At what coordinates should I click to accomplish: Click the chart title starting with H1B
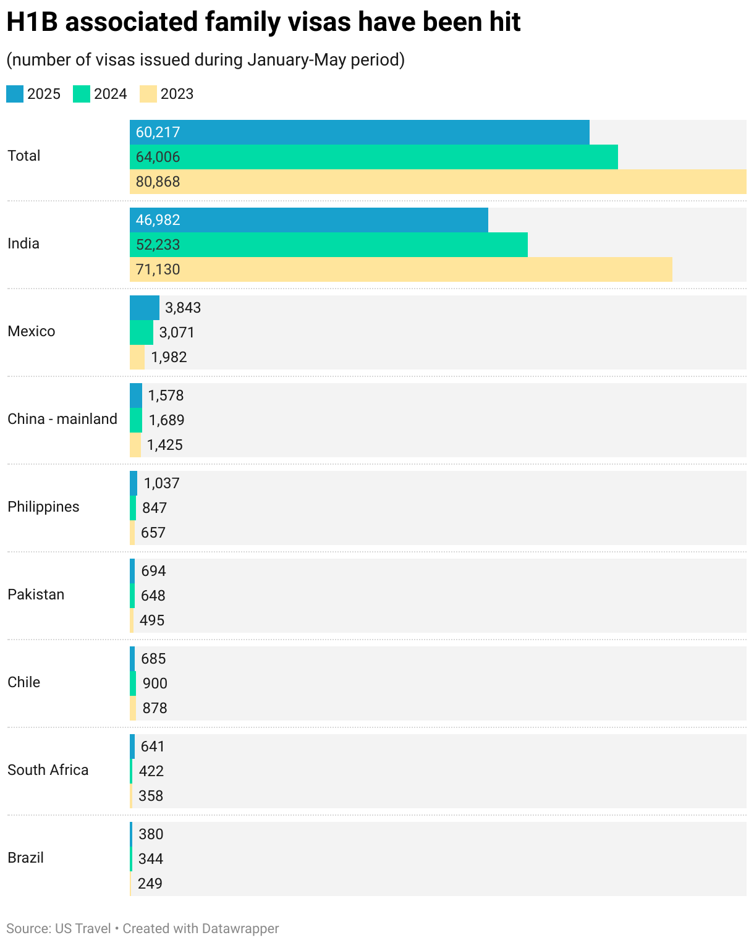[263, 22]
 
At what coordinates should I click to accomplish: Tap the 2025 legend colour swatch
[15, 94]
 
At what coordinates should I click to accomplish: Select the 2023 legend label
[177, 94]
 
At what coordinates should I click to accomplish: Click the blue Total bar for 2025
[359, 132]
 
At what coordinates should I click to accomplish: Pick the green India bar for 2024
[328, 245]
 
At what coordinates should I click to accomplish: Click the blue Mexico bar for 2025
[144, 308]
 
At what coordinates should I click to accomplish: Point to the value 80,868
[158, 182]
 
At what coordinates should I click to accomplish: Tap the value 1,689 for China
[166, 420]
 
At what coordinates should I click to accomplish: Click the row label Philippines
[43, 507]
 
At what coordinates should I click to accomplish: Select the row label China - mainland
[62, 419]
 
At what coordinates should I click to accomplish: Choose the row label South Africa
[48, 770]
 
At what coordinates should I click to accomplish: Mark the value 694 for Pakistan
[153, 571]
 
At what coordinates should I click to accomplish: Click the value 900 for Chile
[155, 683]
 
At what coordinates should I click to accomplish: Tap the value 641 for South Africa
[153, 746]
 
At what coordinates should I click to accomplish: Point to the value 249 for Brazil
[150, 884]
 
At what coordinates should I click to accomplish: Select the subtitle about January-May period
[205, 60]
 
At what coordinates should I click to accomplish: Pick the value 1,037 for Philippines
[162, 483]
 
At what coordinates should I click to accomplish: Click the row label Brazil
[25, 858]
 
